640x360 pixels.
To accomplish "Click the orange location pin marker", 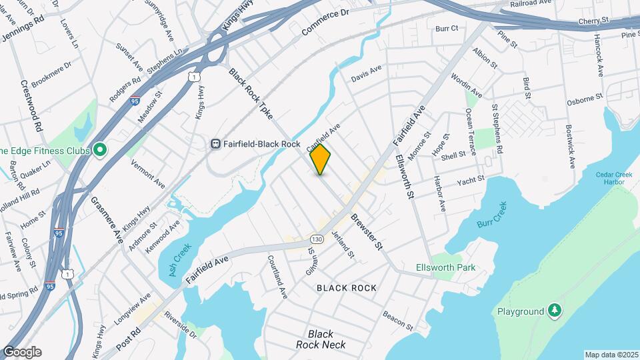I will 321,159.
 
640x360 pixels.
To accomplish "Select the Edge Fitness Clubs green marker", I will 100,150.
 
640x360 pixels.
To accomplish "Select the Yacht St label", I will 470,180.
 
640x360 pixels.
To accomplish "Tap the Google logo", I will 21,352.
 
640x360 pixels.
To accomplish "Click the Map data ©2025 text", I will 611,355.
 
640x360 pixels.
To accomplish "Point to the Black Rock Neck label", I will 321,339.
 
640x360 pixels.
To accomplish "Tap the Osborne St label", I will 584,98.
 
